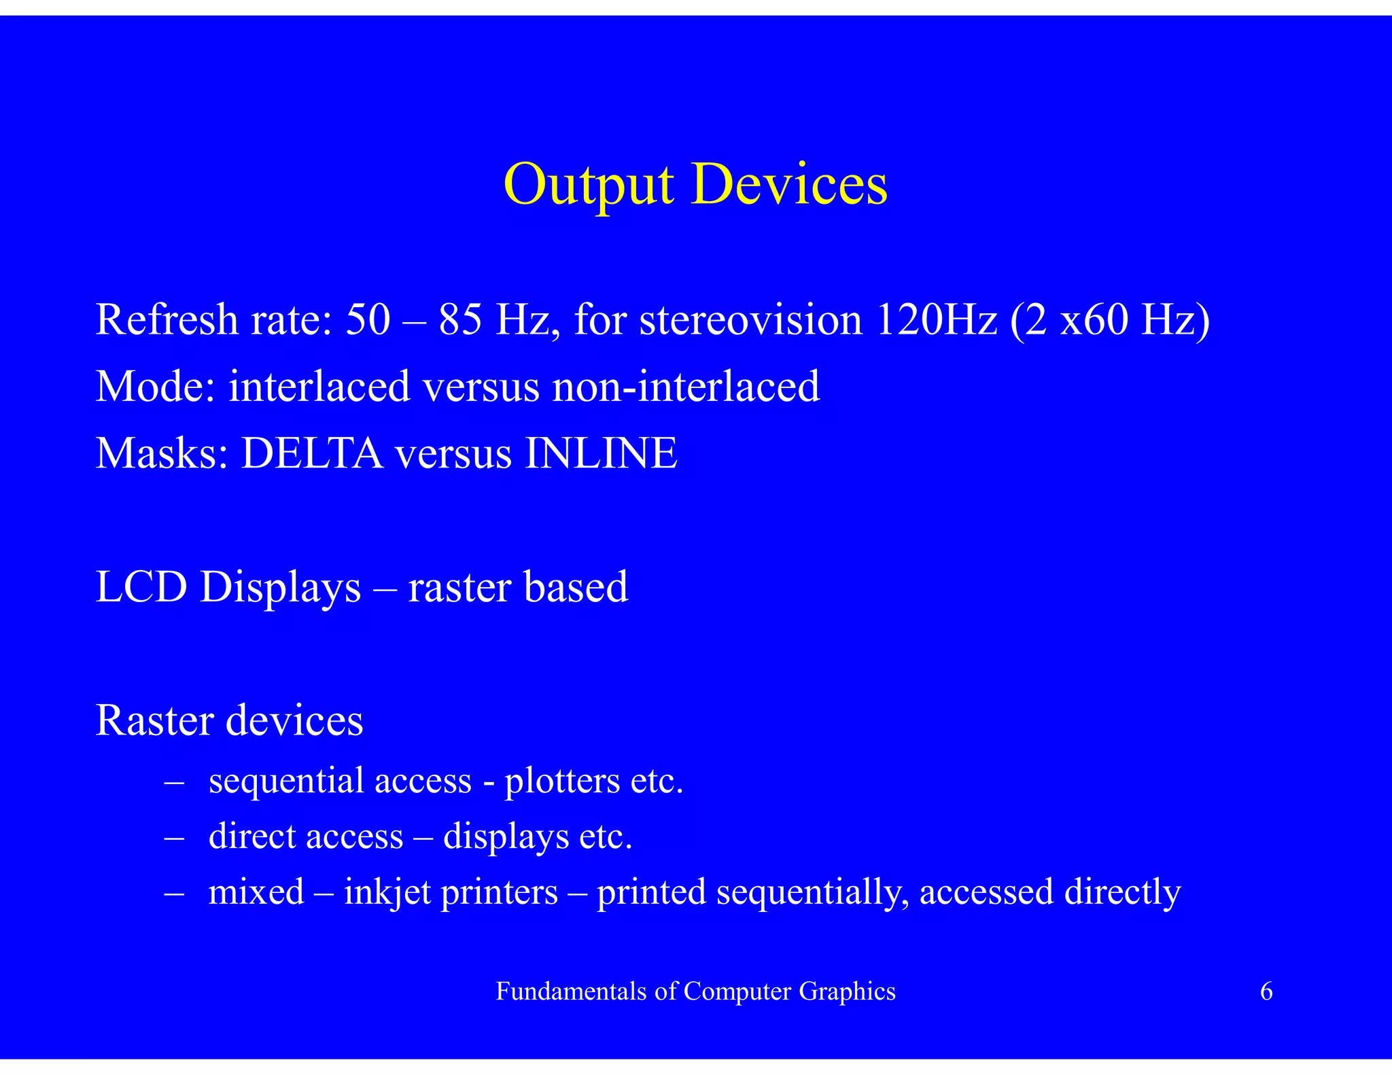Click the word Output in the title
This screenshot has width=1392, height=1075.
pos(589,185)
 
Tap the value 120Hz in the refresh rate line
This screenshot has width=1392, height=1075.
pos(937,319)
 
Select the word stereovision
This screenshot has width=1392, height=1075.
pos(750,319)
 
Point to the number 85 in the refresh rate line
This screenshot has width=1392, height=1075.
pos(460,319)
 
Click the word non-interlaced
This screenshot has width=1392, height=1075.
pos(686,386)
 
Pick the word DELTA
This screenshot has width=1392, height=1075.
pos(312,453)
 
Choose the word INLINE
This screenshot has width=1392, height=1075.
pos(601,453)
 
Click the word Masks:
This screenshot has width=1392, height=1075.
pos(162,453)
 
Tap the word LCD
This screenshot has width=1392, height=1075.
pos(141,586)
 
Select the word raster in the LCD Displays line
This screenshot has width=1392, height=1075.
pos(459,588)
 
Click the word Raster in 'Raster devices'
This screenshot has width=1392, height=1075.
pos(155,720)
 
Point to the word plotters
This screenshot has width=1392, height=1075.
pos(562,781)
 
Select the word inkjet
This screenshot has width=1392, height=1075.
pos(387,893)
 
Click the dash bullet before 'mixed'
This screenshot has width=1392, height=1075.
pos(175,893)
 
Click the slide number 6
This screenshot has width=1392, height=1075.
pos(1266,991)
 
